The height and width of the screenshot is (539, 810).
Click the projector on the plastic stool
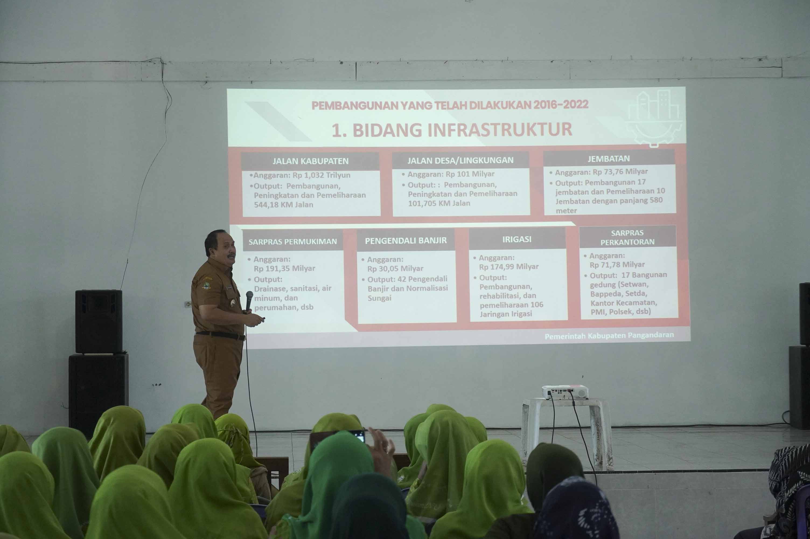click(565, 392)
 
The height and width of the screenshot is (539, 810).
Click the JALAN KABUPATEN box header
click(310, 161)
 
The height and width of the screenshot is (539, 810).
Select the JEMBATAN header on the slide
click(609, 159)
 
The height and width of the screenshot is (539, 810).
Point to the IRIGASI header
click(517, 239)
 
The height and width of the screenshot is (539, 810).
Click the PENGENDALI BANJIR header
click(406, 241)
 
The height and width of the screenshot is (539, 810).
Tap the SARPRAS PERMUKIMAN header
click(292, 242)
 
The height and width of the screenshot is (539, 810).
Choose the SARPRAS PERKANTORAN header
click(627, 237)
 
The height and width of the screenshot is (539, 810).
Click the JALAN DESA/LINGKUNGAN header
click(460, 160)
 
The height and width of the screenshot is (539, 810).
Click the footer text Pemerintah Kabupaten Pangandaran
click(609, 336)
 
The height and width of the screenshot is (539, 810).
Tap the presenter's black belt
click(220, 335)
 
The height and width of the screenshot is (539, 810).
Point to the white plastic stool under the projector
click(567, 433)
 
